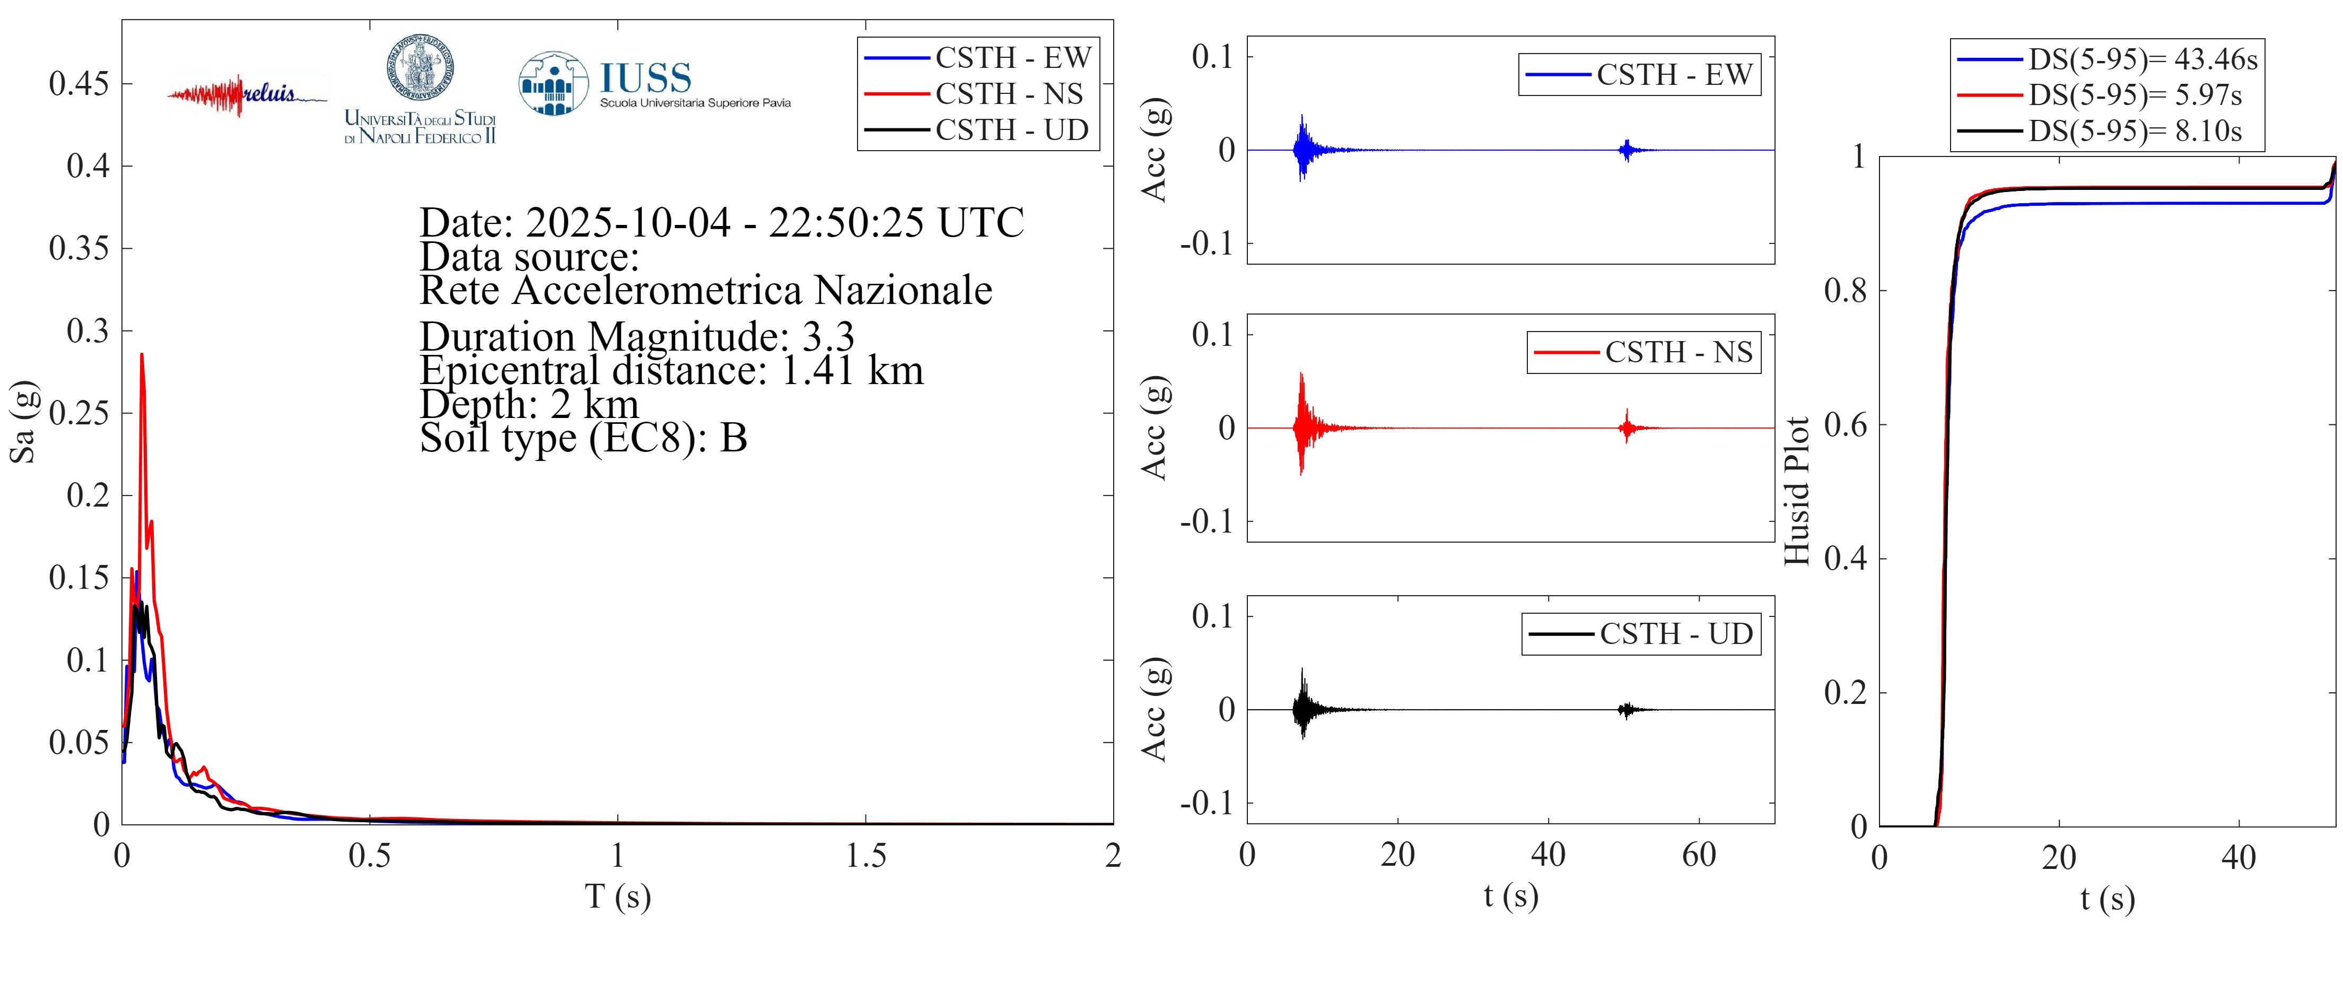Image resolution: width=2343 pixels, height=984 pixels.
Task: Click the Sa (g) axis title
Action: click(23, 421)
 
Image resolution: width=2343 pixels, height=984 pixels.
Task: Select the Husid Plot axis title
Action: click(1796, 491)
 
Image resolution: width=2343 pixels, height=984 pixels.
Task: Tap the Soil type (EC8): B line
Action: click(583, 438)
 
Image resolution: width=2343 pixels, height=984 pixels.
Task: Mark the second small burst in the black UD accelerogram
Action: click(1625, 709)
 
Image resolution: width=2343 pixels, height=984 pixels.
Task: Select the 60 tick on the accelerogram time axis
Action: click(1698, 856)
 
